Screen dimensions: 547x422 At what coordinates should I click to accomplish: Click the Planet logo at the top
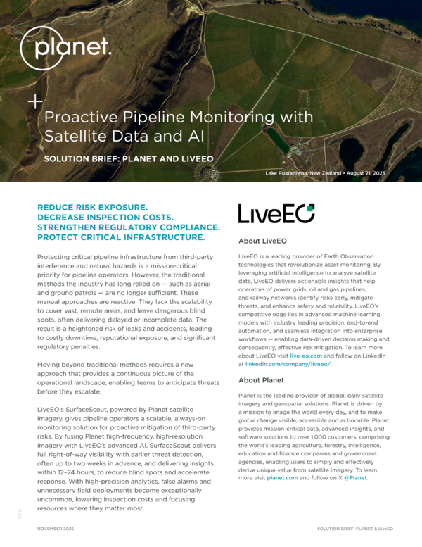pos(65,48)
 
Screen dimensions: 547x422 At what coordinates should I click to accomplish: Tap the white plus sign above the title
pos(34,101)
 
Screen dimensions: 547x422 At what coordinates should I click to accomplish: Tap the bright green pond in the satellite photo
pos(277,141)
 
